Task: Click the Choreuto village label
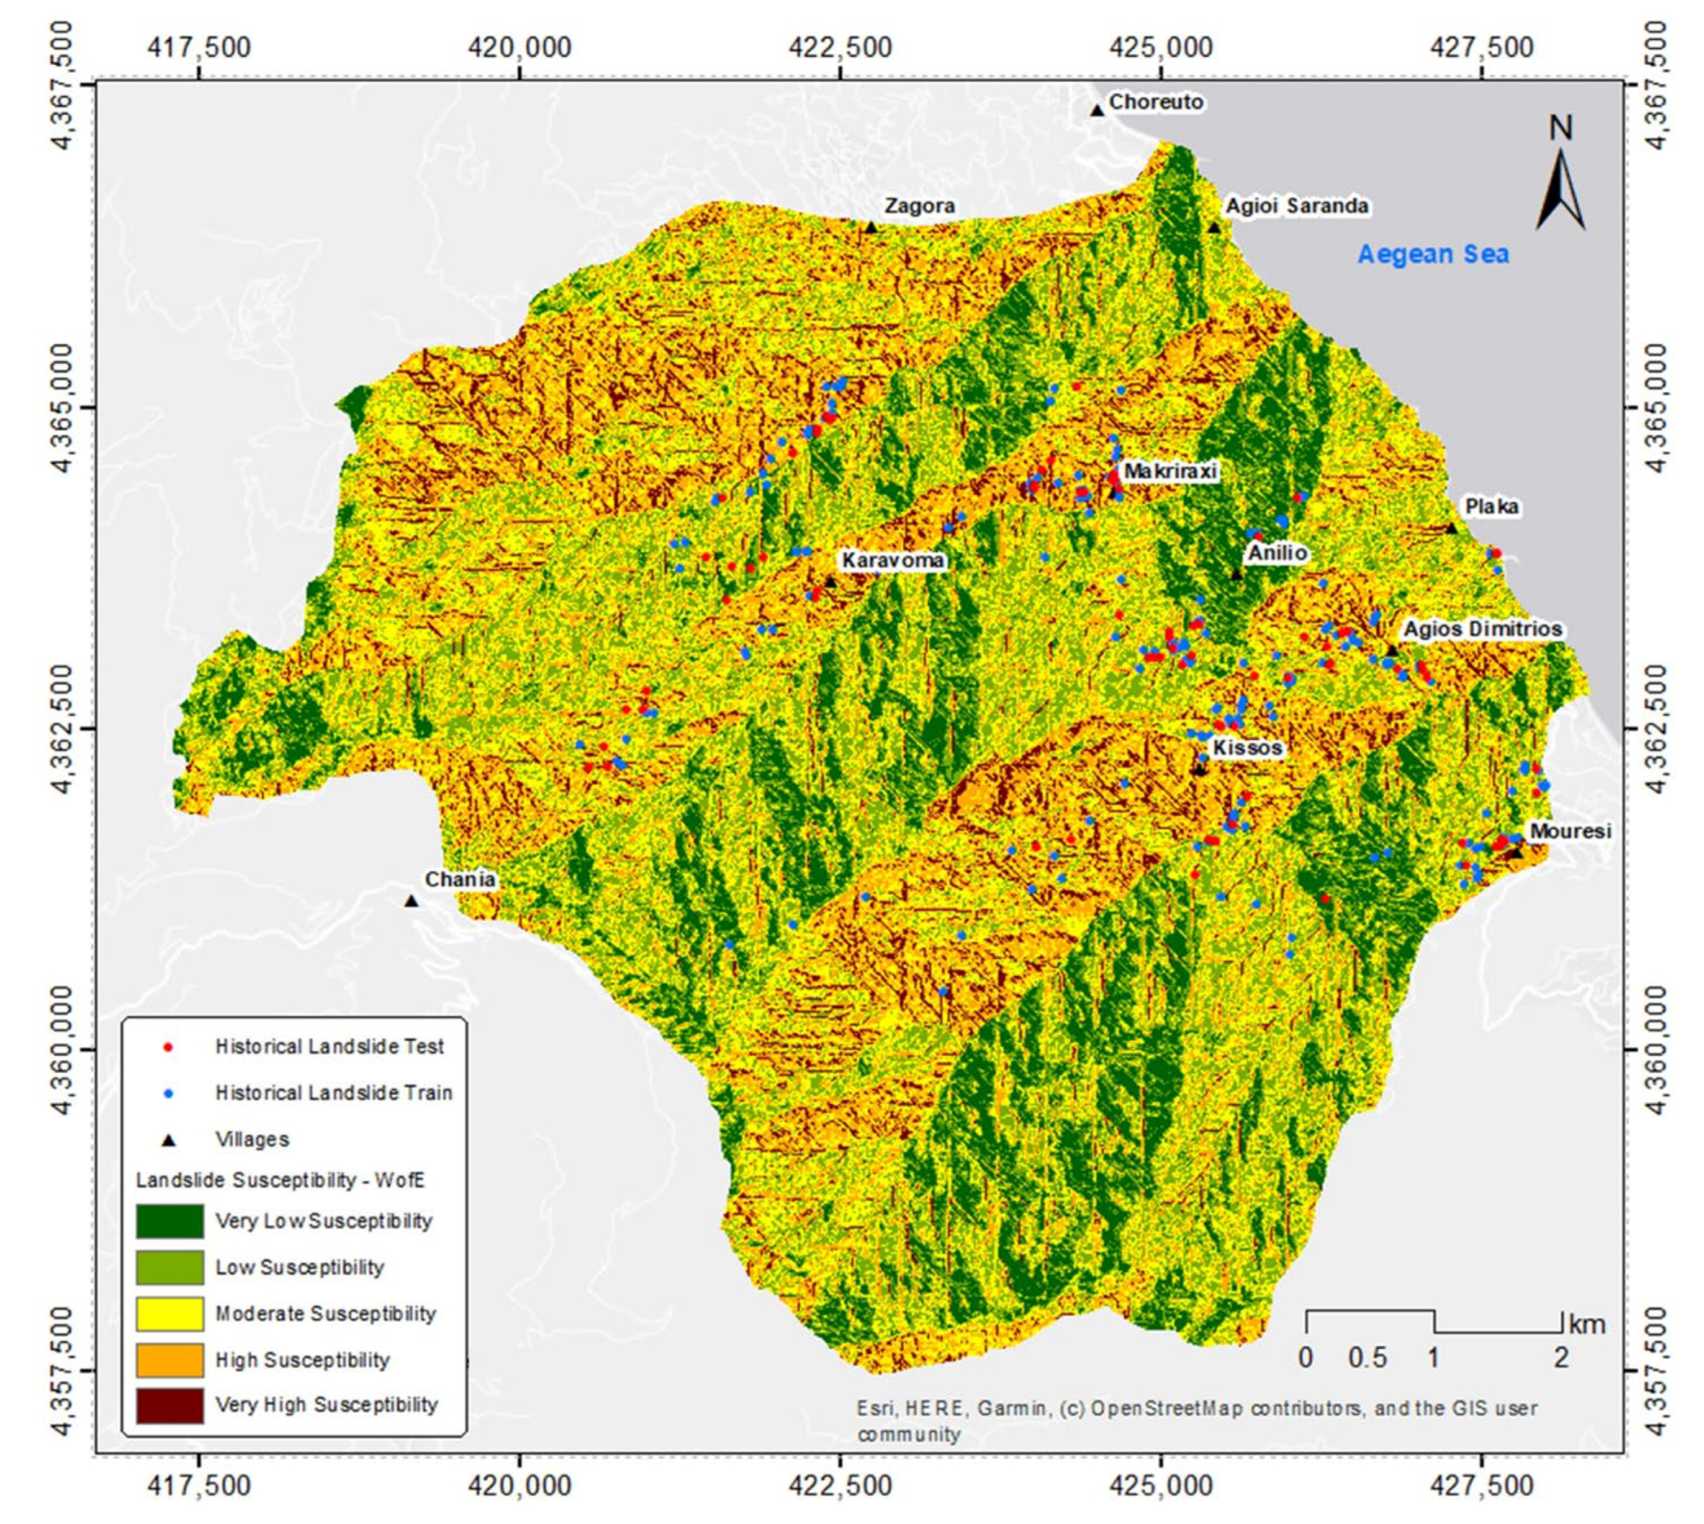tap(1155, 102)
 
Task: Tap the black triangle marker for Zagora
tap(871, 227)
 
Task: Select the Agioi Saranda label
tap(1297, 206)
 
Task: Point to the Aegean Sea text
tap(1433, 254)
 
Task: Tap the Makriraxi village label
tap(1170, 471)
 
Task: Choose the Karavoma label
tap(893, 560)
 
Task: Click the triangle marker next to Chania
tap(411, 902)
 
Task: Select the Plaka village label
tap(1491, 507)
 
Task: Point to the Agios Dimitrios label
tap(1482, 629)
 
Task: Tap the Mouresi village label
tap(1570, 832)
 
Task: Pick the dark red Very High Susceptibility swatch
tap(169, 1406)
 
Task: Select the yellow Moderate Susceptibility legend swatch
tap(169, 1314)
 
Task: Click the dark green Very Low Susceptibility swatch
tap(169, 1221)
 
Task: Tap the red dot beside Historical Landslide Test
tap(169, 1047)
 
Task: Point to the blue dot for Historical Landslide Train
tap(169, 1093)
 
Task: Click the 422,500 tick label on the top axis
tap(840, 48)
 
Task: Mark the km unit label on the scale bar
tap(1587, 1325)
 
